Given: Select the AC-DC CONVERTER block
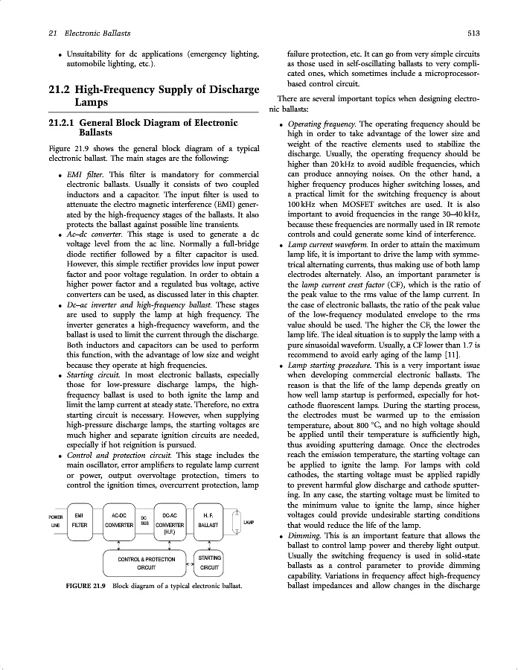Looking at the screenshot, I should click(118, 520).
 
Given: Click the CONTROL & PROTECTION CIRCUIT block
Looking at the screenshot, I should click(146, 563).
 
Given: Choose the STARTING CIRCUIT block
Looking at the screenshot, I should click(209, 561).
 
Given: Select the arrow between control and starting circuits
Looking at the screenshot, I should click(188, 564).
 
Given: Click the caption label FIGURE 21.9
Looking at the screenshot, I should click(88, 586).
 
